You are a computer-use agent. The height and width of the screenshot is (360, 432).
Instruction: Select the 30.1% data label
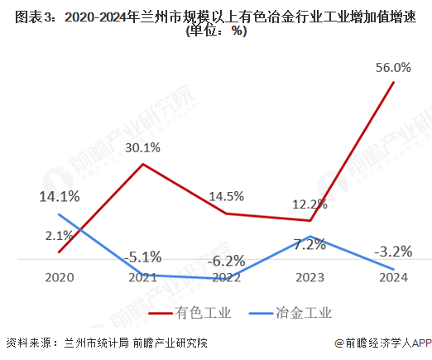pyautogui.click(x=143, y=148)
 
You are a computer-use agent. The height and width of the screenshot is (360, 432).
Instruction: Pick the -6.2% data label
pyautogui.click(x=226, y=261)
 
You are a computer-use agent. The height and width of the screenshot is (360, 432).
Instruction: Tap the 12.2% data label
pyautogui.click(x=310, y=204)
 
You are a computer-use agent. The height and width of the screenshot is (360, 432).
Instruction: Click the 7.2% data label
pyautogui.click(x=310, y=244)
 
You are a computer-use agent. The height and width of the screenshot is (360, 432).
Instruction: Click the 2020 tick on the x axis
pyautogui.click(x=60, y=278)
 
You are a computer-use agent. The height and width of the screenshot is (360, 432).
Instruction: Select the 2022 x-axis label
pyautogui.click(x=226, y=278)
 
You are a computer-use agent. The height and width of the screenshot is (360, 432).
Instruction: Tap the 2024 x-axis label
pyautogui.click(x=393, y=278)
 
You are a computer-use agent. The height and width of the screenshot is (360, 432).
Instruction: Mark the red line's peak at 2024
pyautogui.click(x=393, y=81)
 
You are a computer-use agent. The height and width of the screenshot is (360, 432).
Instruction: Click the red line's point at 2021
pyautogui.click(x=143, y=164)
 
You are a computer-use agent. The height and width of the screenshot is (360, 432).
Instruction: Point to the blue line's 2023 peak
pyautogui.click(x=310, y=236)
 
